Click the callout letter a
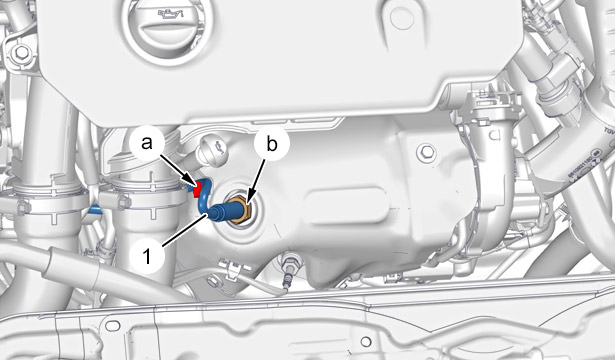pyautogui.click(x=147, y=143)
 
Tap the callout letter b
pyautogui.click(x=272, y=144)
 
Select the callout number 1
pyautogui.click(x=147, y=257)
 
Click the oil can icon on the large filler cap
pyautogui.click(x=170, y=16)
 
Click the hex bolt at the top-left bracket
pyautogui.click(x=20, y=53)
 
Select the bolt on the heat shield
pyautogui.click(x=426, y=152)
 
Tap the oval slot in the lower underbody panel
pyautogui.click(x=113, y=325)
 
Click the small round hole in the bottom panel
pyautogui.click(x=366, y=342)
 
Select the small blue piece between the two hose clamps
pyautogui.click(x=95, y=210)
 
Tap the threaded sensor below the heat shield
pyautogui.click(x=289, y=271)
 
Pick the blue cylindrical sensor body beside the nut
pyautogui.click(x=219, y=212)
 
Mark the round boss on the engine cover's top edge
pyautogui.click(x=402, y=18)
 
